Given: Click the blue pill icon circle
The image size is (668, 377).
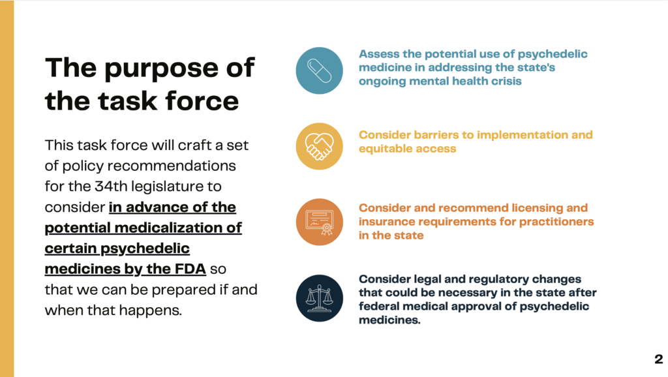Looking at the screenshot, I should point(320,70).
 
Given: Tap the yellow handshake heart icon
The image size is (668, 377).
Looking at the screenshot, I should point(320,146).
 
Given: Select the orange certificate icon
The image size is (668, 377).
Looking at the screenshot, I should point(320,222).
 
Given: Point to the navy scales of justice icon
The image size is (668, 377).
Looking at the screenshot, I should point(320,298).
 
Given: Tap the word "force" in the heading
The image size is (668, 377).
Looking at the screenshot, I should point(201,101).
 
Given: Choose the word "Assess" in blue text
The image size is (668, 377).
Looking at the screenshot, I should point(379,54).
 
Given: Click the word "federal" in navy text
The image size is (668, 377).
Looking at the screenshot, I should point(380,307).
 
